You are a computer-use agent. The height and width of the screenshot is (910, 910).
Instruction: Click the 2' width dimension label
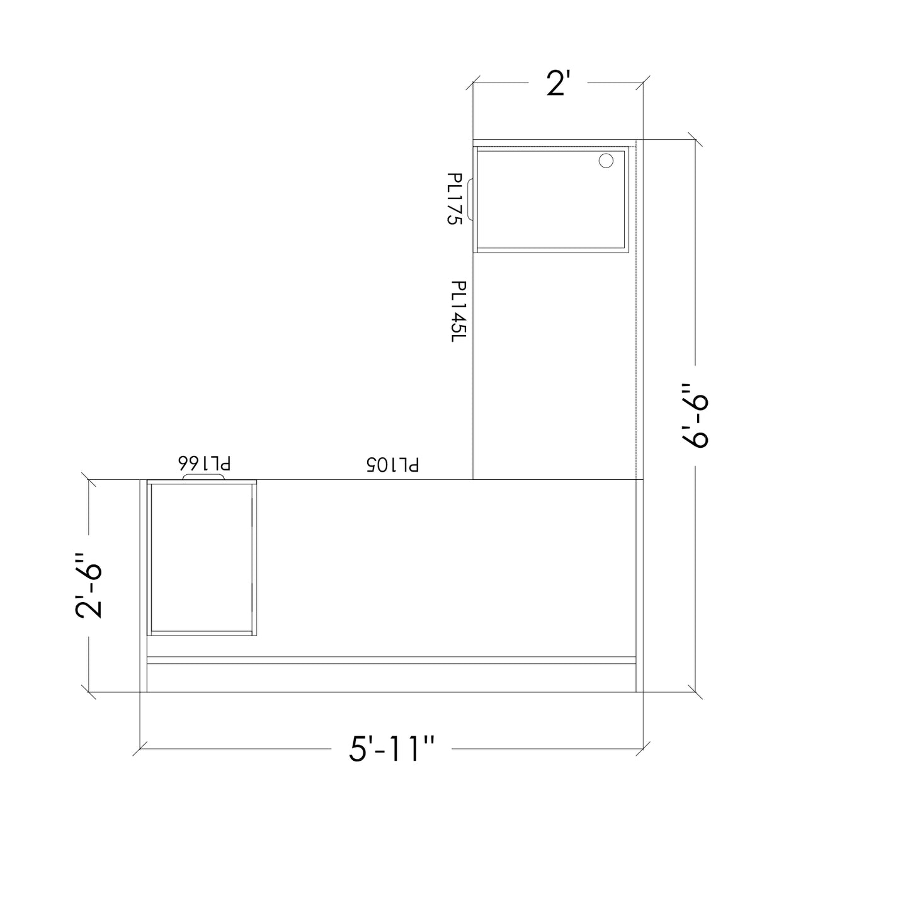[x=558, y=83]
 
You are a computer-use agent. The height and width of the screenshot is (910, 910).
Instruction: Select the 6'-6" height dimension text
[x=695, y=416]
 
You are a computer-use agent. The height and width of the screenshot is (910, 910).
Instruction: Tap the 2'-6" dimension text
[x=89, y=585]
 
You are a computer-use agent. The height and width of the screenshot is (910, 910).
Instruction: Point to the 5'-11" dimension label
[x=392, y=749]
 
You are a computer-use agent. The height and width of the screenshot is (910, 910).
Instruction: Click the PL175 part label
[x=455, y=199]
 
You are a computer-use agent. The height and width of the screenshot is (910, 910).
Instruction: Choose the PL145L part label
[x=458, y=311]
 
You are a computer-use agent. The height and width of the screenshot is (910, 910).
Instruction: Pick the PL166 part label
[x=204, y=463]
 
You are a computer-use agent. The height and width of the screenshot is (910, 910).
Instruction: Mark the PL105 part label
[x=392, y=465]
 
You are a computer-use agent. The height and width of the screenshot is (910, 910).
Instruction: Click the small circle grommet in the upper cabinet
[x=606, y=161]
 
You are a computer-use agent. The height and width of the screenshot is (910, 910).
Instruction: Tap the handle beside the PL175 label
[x=470, y=200]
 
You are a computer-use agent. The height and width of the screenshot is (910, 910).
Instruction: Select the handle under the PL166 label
[x=203, y=477]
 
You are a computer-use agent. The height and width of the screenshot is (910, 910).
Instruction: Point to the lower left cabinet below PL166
[x=202, y=558]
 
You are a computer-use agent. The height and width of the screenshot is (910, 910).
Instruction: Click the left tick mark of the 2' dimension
[x=473, y=82]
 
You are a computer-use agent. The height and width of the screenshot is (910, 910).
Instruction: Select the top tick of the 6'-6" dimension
[x=695, y=140]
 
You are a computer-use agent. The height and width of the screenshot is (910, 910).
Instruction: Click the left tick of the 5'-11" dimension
[x=140, y=749]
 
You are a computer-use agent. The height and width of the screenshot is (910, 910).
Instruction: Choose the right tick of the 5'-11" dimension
[x=643, y=749]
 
